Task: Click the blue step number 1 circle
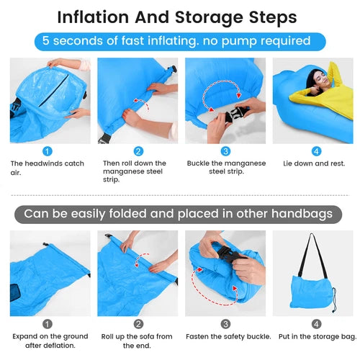[48, 151]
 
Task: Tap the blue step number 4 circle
[316, 151]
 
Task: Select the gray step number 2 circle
[138, 324]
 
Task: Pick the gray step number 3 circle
[225, 324]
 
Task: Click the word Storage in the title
[209, 18]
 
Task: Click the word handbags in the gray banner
[302, 214]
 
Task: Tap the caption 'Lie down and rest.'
[314, 163]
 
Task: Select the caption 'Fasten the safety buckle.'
[228, 337]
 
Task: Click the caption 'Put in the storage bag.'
[318, 337]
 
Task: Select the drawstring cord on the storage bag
[334, 300]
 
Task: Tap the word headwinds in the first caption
[44, 163]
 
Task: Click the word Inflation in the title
[93, 17]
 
